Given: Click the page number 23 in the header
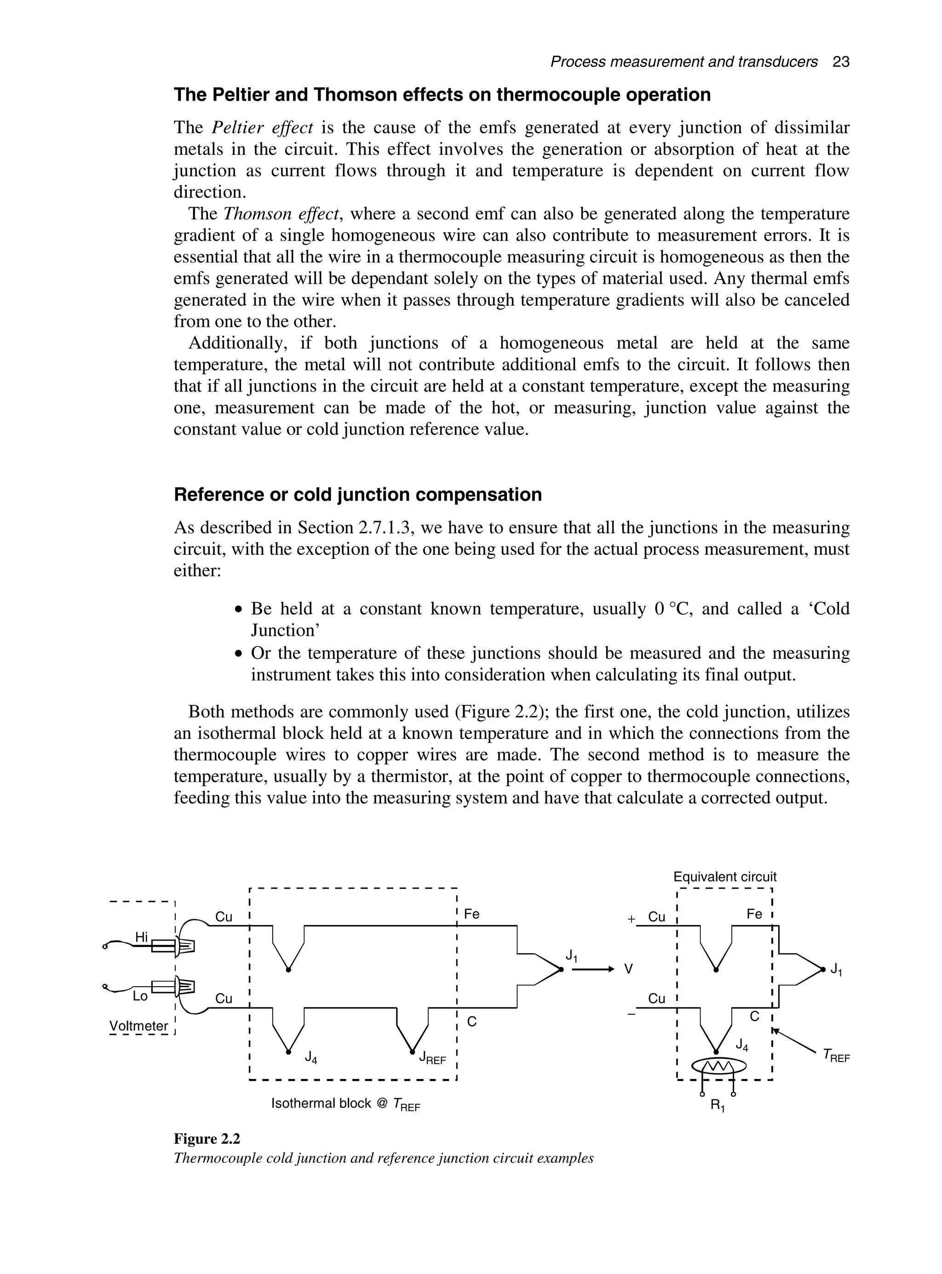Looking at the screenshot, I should [840, 62].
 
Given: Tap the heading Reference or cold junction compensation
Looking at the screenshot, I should [357, 494].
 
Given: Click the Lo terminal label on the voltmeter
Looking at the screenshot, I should [140, 996].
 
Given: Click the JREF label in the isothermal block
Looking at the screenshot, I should [432, 1058].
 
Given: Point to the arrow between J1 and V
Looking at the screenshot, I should [592, 969].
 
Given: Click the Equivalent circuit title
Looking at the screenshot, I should [725, 877].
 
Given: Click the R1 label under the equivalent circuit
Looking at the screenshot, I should [718, 1106].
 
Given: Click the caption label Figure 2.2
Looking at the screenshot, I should [207, 1139].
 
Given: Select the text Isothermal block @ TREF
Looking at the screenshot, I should [345, 1103].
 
